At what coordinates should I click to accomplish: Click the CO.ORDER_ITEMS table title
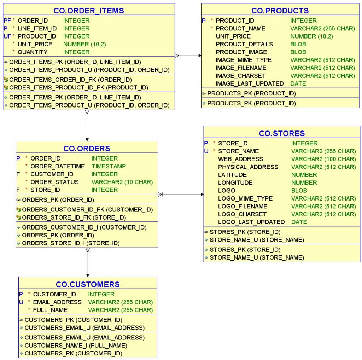(89, 11)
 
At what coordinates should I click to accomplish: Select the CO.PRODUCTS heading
(280, 11)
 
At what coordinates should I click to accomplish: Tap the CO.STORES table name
(282, 133)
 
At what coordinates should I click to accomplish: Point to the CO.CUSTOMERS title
(88, 284)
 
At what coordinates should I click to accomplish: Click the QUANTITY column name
(33, 52)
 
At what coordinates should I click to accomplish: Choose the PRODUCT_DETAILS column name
(244, 44)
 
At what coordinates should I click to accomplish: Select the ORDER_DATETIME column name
(58, 166)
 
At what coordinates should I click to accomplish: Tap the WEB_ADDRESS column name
(240, 159)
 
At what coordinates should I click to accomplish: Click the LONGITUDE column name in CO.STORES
(235, 183)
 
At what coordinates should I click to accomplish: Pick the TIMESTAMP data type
(109, 166)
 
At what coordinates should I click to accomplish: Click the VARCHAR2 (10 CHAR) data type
(122, 182)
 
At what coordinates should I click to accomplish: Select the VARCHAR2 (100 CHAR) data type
(323, 159)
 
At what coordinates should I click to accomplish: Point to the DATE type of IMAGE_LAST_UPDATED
(298, 83)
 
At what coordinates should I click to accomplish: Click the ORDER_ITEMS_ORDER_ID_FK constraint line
(70, 80)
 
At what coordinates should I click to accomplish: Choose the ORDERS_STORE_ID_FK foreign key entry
(74, 217)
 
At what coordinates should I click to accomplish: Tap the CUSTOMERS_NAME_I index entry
(76, 346)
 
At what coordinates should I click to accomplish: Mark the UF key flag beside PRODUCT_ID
(7, 36)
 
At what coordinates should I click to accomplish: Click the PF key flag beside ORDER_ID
(7, 21)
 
